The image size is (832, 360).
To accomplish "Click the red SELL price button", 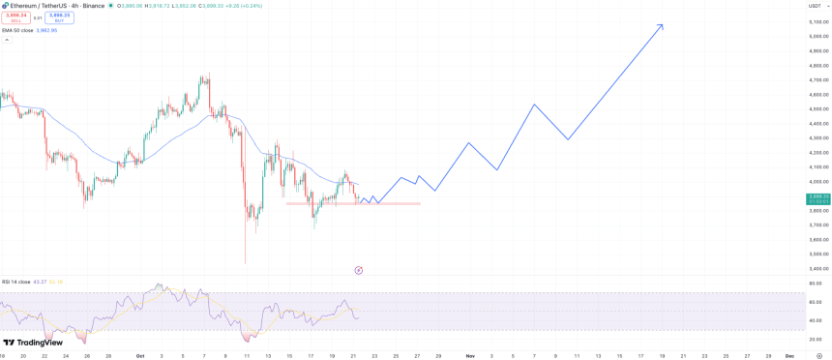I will pos(15,16).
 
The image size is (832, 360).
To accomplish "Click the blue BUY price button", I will pos(59,16).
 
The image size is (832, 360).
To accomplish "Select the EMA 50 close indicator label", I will pos(17,30).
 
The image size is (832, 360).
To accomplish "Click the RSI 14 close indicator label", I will pos(18,282).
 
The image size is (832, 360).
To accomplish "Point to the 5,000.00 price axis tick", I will pos(817,36).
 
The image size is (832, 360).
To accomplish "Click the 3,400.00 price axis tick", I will pos(817,268).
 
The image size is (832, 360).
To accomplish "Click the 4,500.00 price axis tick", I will pos(817,108).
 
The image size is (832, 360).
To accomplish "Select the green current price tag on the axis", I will pos(817,198).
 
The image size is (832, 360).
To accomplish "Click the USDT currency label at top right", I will pos(814,6).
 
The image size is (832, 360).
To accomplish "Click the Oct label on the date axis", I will pos(139,355).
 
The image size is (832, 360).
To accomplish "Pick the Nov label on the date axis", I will pos(469,355).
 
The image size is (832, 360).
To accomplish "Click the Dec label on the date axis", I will pos(788,355).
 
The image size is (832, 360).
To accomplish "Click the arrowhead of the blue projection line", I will pos(662,25).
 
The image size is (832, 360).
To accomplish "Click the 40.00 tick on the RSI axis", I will pos(816,320).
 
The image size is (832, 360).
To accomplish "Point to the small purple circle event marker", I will pos(359,270).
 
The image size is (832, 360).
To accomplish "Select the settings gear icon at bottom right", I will pos(818,355).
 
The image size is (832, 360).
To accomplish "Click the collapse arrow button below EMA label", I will pos(7,40).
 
